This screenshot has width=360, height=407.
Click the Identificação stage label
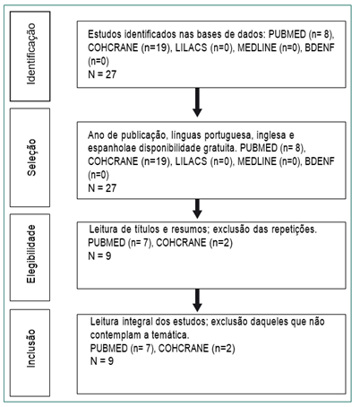pos(30,54)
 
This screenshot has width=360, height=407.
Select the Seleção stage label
pos(30,157)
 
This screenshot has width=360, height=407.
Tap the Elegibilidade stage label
pos(30,254)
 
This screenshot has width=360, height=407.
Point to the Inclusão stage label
pos(30,349)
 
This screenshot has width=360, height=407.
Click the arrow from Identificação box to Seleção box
pos(197,102)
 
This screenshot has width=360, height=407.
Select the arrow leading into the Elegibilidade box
pos(197,209)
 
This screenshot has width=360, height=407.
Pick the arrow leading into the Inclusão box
pos(197,300)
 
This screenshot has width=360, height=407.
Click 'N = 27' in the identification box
pos(102,74)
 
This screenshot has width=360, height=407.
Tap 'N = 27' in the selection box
pos(102,188)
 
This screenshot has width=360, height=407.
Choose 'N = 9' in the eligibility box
pos(99,256)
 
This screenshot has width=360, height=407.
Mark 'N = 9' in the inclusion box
pos(102,361)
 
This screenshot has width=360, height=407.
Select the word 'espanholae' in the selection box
pos(112,149)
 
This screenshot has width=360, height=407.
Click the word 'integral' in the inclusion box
pos(137,322)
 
